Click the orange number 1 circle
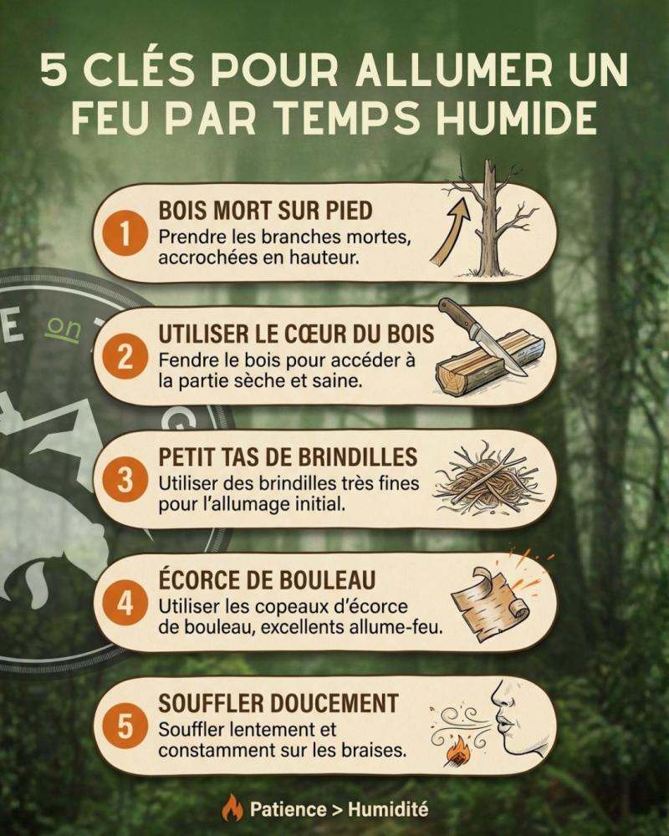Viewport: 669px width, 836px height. (125, 233)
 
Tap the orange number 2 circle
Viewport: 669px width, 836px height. (125, 357)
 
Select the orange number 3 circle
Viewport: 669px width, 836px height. (125, 480)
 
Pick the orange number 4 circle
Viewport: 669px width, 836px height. (125, 603)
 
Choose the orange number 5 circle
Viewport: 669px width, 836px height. (125, 726)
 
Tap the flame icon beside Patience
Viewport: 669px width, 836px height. (232, 808)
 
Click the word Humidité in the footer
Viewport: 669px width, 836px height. (388, 809)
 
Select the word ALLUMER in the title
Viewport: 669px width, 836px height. (453, 70)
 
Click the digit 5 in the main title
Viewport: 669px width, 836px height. (54, 70)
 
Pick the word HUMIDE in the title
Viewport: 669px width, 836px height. (517, 118)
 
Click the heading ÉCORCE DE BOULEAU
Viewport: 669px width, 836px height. (267, 580)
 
